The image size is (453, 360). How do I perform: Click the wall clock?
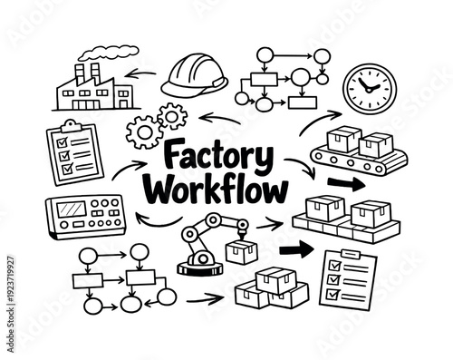(x=370, y=85)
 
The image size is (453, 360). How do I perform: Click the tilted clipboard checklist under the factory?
(x=72, y=149)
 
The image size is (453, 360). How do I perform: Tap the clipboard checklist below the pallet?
(x=347, y=277)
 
